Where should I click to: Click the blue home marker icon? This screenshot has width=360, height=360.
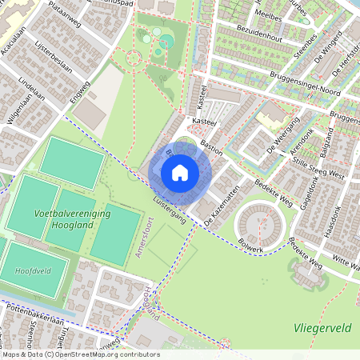[180, 172]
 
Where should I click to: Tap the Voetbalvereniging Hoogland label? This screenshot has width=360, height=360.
[73, 220]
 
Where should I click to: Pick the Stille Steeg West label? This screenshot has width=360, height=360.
[318, 170]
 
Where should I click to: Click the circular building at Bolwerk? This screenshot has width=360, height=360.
[258, 222]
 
